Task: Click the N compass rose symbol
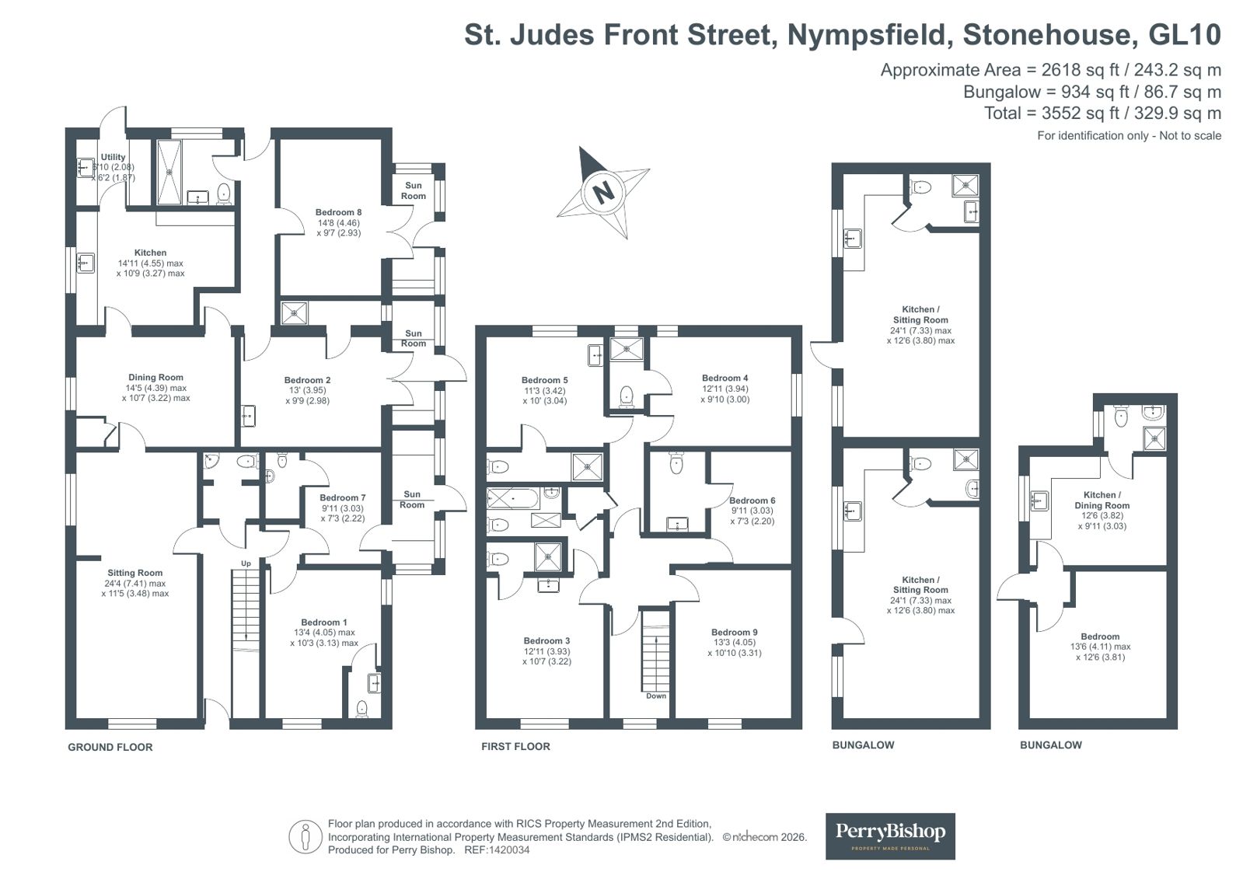pyautogui.click(x=603, y=192)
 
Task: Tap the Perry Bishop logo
pyautogui.click(x=890, y=836)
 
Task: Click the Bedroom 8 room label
pyautogui.click(x=338, y=212)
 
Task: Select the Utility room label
pyautogui.click(x=113, y=157)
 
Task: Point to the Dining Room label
pyautogui.click(x=156, y=378)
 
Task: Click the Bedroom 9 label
pyautogui.click(x=734, y=632)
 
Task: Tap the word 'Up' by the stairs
pyautogui.click(x=246, y=563)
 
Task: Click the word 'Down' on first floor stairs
pyautogui.click(x=656, y=696)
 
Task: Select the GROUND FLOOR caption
pyautogui.click(x=110, y=747)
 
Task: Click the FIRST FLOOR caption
pyautogui.click(x=515, y=746)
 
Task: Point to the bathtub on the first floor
pyautogui.click(x=513, y=498)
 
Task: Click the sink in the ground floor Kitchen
pyautogui.click(x=85, y=263)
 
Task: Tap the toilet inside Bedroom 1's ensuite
pyautogui.click(x=361, y=709)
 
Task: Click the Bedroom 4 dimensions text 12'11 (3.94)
pyautogui.click(x=725, y=389)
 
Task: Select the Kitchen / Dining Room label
pyautogui.click(x=1102, y=500)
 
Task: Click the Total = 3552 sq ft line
pyautogui.click(x=1102, y=113)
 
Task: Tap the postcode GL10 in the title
pyautogui.click(x=1185, y=34)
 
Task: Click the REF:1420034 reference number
pyautogui.click(x=498, y=850)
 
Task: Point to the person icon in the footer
pyautogui.click(x=306, y=837)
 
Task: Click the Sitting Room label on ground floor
pyautogui.click(x=134, y=573)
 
